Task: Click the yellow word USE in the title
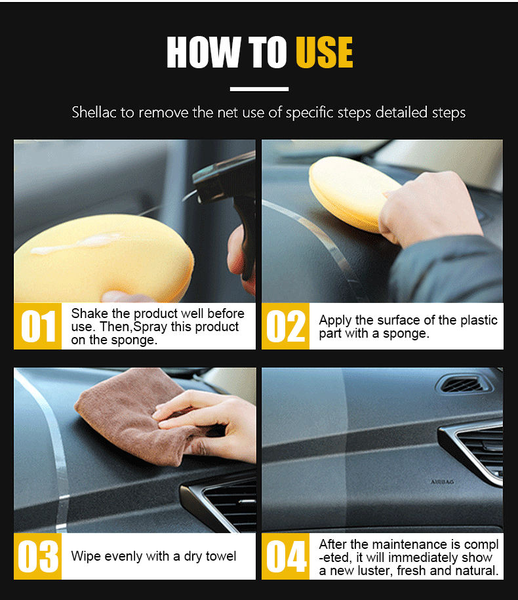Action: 325,52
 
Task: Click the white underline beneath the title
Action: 259,89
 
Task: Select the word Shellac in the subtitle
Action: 94,113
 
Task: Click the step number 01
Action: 38,326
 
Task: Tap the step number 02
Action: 286,326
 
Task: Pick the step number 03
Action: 38,556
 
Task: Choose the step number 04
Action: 286,556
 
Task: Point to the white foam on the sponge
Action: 77,244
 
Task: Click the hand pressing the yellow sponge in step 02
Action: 430,209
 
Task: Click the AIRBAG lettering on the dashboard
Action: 442,482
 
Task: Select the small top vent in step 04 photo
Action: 464,384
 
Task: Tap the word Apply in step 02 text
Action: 335,321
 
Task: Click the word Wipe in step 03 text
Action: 86,556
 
